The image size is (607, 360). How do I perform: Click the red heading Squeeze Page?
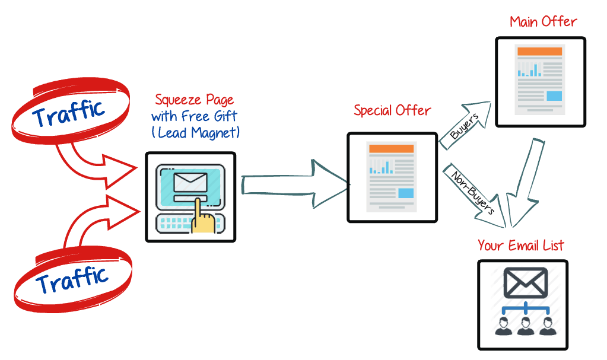[x=194, y=100]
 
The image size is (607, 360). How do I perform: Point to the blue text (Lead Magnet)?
[x=196, y=132]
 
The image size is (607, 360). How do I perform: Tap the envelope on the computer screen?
[x=190, y=181]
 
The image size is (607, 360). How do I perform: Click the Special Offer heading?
[x=392, y=110]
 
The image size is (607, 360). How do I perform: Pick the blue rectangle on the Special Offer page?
[x=406, y=193]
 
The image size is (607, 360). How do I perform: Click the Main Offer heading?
[x=543, y=23]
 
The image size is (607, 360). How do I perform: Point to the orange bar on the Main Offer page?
[x=539, y=52]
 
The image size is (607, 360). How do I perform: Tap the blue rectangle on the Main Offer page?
[x=554, y=95]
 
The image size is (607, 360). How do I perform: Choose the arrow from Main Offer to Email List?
[x=525, y=183]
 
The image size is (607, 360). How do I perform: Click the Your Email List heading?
[x=520, y=245]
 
